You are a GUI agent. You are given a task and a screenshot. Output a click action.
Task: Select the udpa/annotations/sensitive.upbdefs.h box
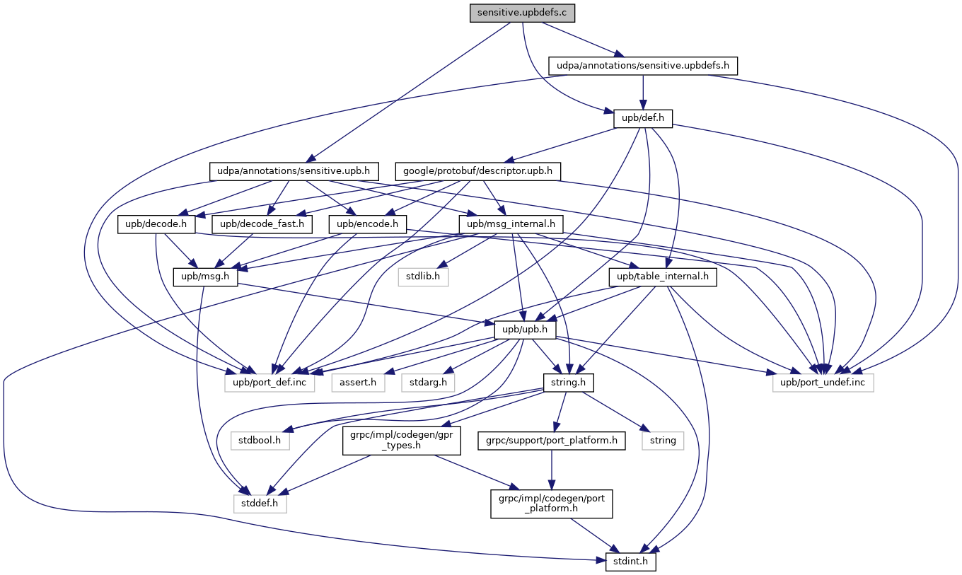(643, 66)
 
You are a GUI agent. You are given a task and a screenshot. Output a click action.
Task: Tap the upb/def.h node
(643, 118)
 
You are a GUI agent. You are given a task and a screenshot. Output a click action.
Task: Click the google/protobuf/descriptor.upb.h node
(479, 171)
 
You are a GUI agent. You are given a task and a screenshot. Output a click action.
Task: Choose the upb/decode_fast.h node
(262, 224)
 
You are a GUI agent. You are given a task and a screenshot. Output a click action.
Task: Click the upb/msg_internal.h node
(511, 224)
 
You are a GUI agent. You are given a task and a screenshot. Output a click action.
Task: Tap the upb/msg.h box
(206, 277)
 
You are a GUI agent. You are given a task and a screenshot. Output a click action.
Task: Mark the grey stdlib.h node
(422, 277)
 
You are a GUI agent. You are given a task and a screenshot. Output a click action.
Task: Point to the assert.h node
(359, 383)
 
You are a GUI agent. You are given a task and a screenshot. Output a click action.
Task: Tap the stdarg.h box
(429, 383)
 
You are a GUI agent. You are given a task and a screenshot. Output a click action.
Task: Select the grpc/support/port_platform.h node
(551, 441)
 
